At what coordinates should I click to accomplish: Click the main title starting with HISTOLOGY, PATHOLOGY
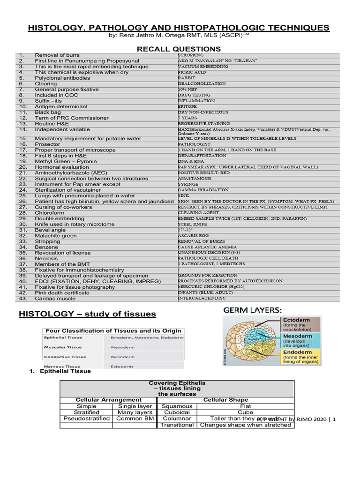click(179, 28)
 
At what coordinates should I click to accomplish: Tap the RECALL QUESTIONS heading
click(179, 49)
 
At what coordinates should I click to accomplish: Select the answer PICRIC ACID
click(192, 73)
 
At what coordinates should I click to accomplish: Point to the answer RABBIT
click(187, 78)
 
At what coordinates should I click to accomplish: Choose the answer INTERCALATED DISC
click(202, 298)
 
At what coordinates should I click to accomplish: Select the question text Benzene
click(46, 247)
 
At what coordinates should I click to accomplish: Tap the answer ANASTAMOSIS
click(195, 179)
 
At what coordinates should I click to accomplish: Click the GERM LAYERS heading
click(252, 310)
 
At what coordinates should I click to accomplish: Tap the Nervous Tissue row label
click(63, 366)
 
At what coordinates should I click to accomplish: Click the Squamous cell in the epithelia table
click(177, 406)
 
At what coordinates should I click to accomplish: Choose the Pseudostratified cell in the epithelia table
click(86, 419)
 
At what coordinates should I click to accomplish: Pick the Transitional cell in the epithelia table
click(177, 425)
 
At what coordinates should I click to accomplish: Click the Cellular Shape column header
click(225, 400)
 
